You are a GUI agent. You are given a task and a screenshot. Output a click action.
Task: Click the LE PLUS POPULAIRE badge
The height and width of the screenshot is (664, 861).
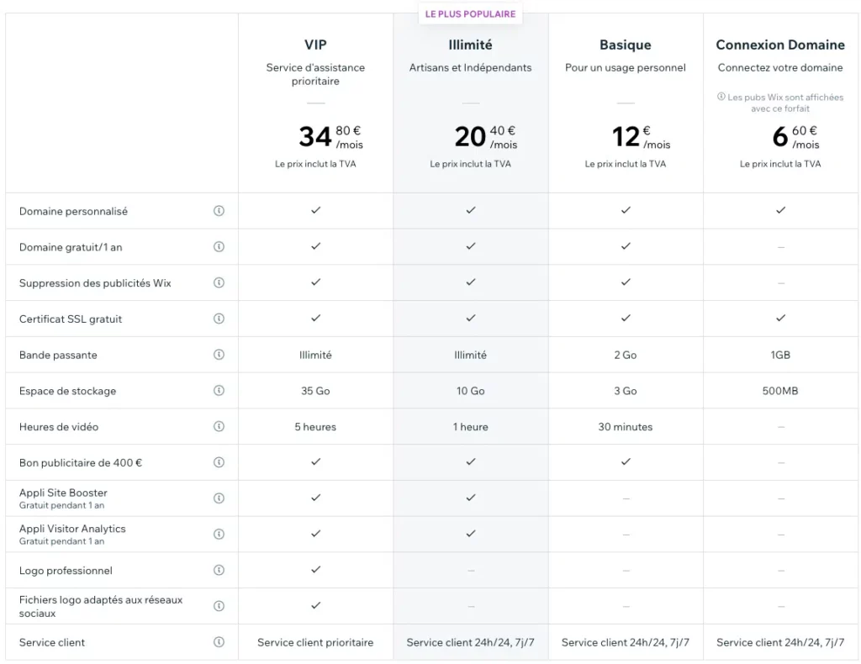[470, 13]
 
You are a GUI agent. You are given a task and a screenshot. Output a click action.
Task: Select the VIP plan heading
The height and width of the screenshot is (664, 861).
[315, 45]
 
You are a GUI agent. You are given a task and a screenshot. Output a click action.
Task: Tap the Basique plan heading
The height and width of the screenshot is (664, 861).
[625, 45]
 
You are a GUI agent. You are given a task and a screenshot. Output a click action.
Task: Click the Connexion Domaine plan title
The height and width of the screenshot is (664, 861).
[779, 45]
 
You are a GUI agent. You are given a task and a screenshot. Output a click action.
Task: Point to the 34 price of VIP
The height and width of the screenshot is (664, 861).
[315, 136]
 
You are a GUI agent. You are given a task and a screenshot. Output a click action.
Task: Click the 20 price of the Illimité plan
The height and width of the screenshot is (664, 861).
[470, 136]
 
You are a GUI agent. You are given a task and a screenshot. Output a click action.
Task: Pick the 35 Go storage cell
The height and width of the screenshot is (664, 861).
[315, 391]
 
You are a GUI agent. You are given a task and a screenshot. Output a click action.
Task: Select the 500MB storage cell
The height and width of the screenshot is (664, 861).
[779, 391]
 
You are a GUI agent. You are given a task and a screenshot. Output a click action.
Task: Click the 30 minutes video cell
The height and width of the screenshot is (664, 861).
[625, 427]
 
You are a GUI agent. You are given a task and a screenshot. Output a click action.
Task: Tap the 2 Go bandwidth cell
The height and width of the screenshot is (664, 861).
[625, 355]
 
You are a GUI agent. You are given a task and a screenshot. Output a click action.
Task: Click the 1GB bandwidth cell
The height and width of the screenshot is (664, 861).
[779, 355]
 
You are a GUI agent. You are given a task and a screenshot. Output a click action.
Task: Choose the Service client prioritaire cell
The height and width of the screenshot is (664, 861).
[315, 642]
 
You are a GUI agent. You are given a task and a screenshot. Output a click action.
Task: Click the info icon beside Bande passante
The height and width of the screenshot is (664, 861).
[219, 355]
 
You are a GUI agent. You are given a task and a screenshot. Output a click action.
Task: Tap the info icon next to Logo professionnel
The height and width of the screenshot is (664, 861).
[219, 570]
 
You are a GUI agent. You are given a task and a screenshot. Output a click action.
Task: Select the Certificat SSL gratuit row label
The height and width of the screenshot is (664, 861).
[71, 319]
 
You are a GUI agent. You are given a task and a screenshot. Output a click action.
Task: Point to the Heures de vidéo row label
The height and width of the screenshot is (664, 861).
[59, 427]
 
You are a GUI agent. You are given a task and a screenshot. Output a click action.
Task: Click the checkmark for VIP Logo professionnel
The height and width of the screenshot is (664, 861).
[315, 569]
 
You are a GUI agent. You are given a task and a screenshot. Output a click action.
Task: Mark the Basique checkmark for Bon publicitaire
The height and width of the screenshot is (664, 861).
[625, 461]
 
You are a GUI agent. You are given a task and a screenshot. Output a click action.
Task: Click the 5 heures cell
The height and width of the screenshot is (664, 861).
[315, 427]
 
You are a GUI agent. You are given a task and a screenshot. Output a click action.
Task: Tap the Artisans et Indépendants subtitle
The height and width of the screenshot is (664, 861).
[470, 67]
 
